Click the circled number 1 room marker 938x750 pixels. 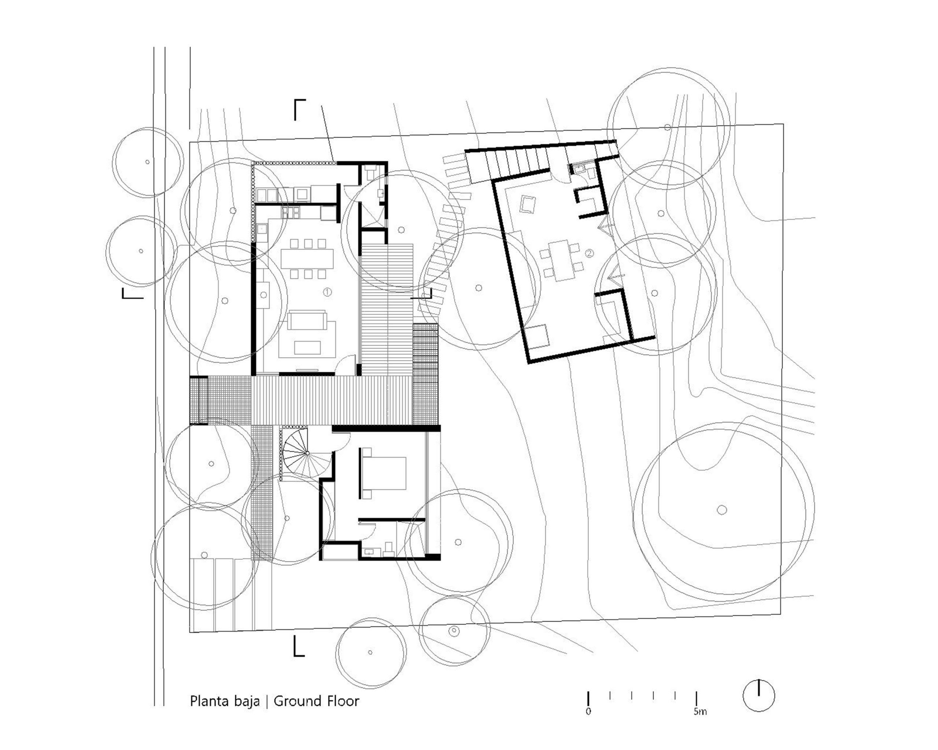328,292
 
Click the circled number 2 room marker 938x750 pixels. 589,253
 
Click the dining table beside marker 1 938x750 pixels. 307,258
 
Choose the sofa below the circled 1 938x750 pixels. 307,320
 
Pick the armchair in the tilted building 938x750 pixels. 528,204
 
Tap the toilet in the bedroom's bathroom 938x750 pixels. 388,548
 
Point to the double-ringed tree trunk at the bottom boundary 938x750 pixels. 454,630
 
